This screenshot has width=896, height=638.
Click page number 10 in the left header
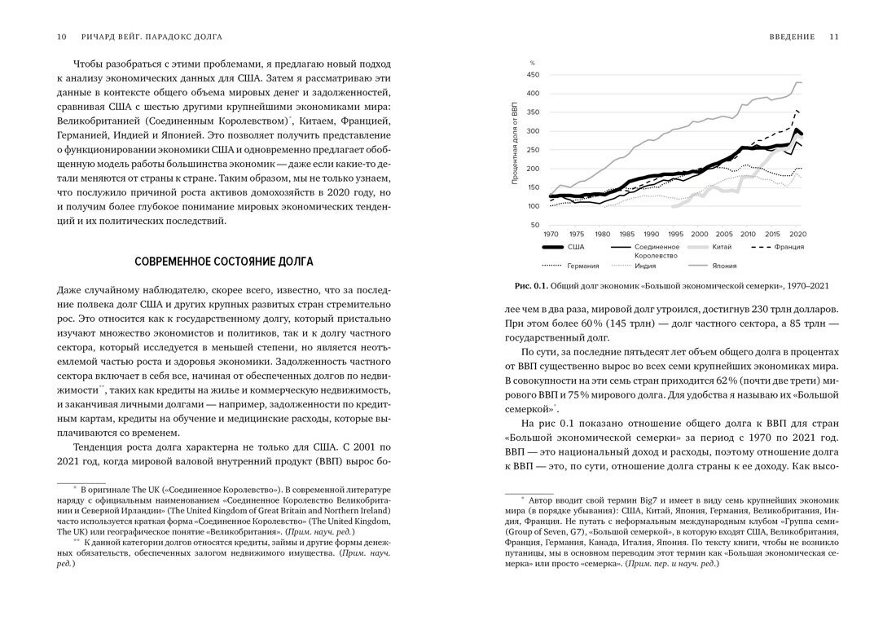tap(63, 36)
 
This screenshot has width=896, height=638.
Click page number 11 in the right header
tap(833, 36)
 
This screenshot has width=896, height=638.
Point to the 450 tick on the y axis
tap(534, 74)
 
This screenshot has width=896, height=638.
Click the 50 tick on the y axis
tap(536, 225)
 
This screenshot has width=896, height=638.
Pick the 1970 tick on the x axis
tap(551, 233)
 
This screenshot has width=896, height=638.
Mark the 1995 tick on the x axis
tap(674, 233)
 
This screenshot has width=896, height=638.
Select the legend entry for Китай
tap(722, 246)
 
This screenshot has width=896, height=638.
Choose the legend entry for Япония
tap(725, 265)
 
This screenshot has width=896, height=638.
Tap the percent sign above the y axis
tap(533, 63)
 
